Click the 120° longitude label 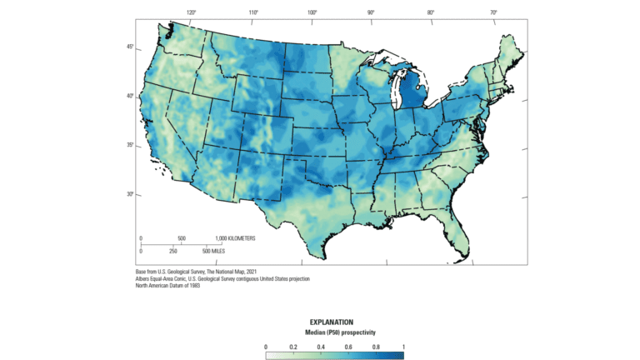click(x=191, y=12)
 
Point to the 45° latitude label click(x=129, y=47)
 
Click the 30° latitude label click(x=129, y=194)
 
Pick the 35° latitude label click(x=129, y=145)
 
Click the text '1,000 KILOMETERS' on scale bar click(x=230, y=238)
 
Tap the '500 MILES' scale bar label click(x=218, y=251)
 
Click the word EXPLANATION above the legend click(x=334, y=322)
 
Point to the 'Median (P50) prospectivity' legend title click(x=334, y=332)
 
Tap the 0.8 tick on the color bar click(x=376, y=345)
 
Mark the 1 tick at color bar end click(x=403, y=345)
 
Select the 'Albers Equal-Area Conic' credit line click(x=222, y=278)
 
